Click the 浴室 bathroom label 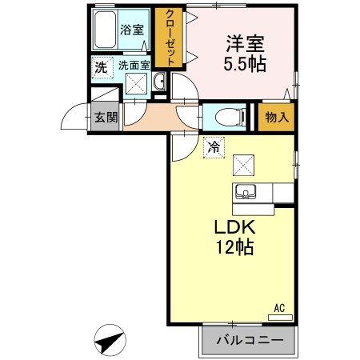point(132,30)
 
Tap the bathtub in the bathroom point(104,31)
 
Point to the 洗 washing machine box point(100,67)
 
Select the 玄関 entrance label point(106,117)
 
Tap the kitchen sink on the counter point(244,192)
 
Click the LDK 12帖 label point(234,238)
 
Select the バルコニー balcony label point(249,341)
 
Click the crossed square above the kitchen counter point(244,166)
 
